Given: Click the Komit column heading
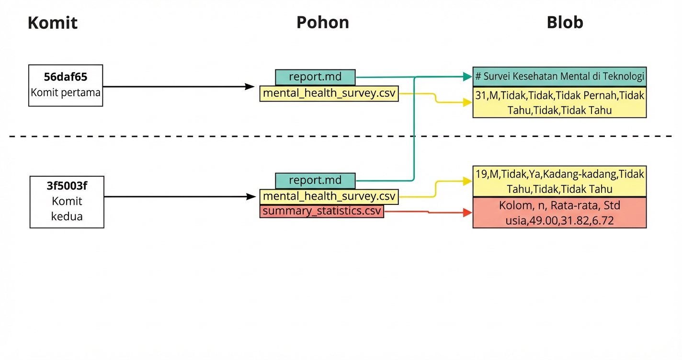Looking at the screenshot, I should pos(53,23).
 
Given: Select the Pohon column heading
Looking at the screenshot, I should pos(322,22).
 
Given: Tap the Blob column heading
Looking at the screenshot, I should pos(565,22).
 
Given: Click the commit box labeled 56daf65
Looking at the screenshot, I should pos(66,85).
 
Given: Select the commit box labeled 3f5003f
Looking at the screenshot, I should pos(67,202).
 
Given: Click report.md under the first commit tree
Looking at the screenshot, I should pos(315,77).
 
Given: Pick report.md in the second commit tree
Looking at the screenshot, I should pos(315,180).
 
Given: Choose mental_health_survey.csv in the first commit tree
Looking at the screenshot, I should pos(329,93).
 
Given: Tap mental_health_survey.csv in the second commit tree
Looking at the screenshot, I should pos(329,196).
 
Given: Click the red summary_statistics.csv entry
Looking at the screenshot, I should pos(322,211).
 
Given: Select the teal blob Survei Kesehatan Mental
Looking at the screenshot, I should pos(559,76).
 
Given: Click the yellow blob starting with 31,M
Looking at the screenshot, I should pos(559,102).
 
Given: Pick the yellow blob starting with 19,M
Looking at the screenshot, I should pos(559,181).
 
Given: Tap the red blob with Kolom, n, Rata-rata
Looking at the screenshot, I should pos(559,213).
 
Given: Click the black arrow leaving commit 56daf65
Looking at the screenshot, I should pos(177,87).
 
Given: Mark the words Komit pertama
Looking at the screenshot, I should pos(66,92).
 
